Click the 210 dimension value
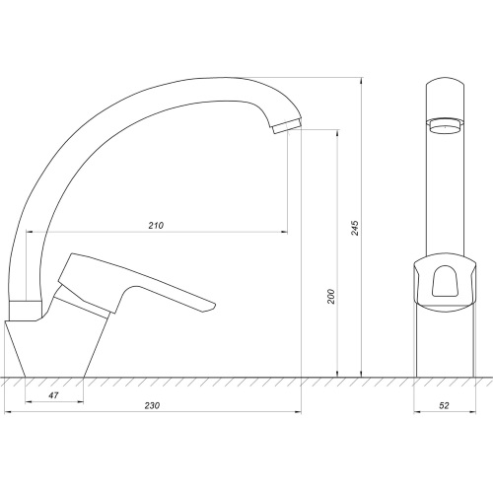click(x=156, y=226)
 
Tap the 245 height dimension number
click(x=355, y=228)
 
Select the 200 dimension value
click(x=331, y=296)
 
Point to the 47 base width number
click(x=54, y=395)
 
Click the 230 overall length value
click(x=152, y=405)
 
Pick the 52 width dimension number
click(x=444, y=405)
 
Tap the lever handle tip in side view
click(x=213, y=306)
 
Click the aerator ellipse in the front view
click(x=445, y=126)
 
